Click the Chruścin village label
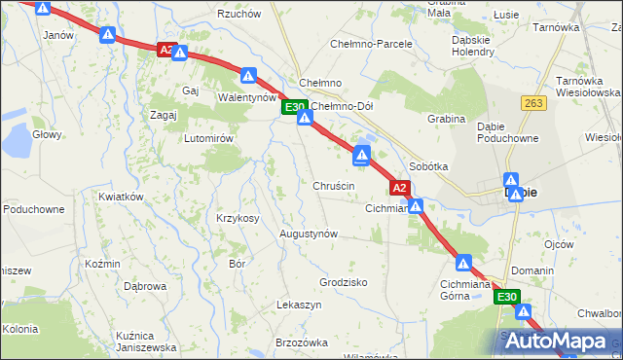coord(333,185)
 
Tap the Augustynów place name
coord(309,234)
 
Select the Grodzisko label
coord(343,282)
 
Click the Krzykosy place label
coord(238,218)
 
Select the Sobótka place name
coord(428,166)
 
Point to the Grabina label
coord(446,119)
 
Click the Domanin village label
coord(532,270)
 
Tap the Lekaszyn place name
coord(299,305)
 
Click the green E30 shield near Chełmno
coord(295,107)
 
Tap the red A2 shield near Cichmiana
coord(398,187)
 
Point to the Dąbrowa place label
coord(145,286)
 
